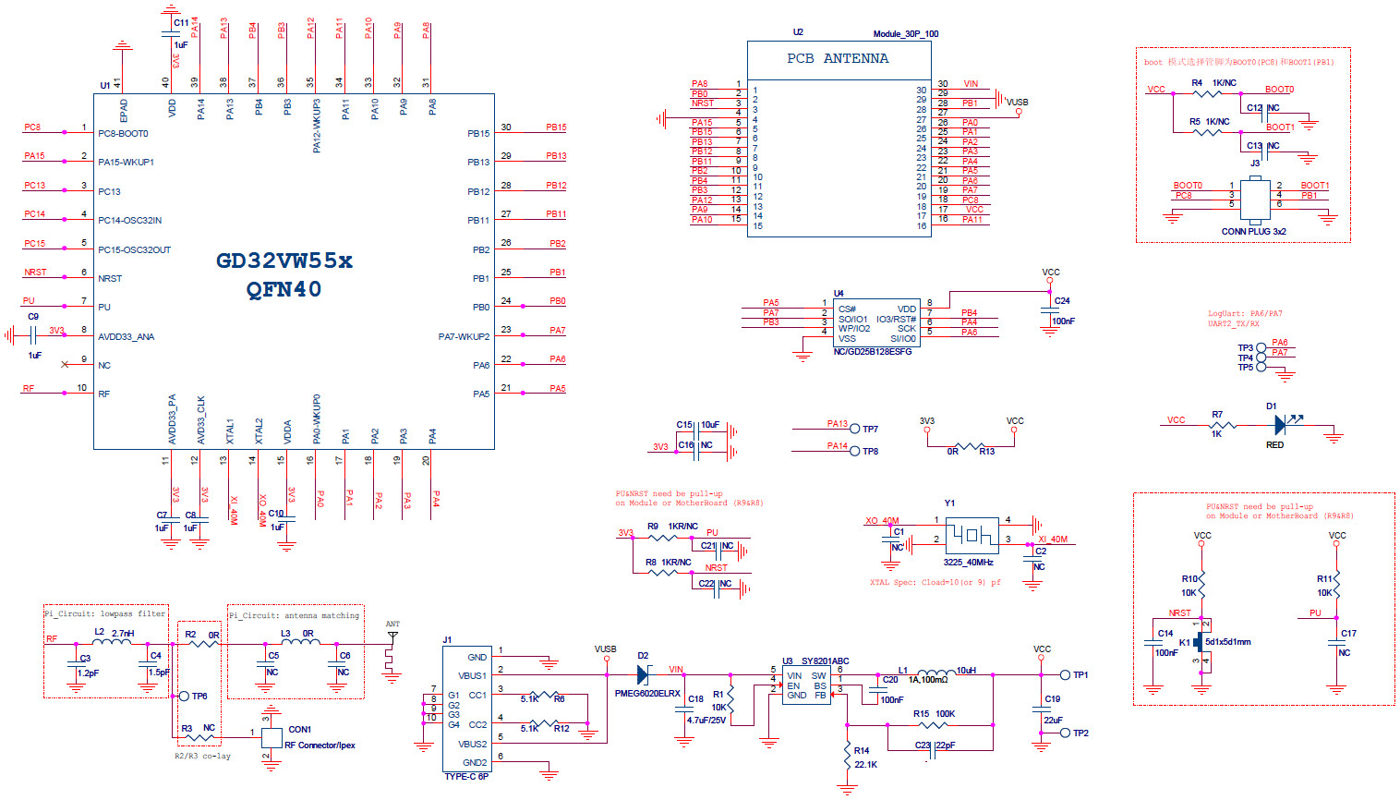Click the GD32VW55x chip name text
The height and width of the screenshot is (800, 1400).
284,261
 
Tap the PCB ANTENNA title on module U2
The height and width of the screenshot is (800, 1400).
838,58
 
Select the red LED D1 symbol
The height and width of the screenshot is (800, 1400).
1281,425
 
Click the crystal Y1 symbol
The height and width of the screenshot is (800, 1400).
972,535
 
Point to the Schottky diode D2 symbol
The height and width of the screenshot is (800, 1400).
643,675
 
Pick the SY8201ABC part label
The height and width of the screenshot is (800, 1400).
825,661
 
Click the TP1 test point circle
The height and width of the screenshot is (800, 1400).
1065,675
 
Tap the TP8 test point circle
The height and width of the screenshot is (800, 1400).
855,451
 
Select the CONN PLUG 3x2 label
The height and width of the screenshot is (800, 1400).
1253,232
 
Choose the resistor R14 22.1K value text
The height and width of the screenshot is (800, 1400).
865,765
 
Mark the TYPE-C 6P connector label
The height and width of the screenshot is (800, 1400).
466,777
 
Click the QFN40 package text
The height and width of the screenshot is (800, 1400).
284,290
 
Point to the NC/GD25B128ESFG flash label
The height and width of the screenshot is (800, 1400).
872,352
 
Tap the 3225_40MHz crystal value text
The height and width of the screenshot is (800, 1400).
968,563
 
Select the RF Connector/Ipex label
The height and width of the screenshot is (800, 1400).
320,745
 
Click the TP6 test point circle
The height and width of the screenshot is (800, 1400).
184,696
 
